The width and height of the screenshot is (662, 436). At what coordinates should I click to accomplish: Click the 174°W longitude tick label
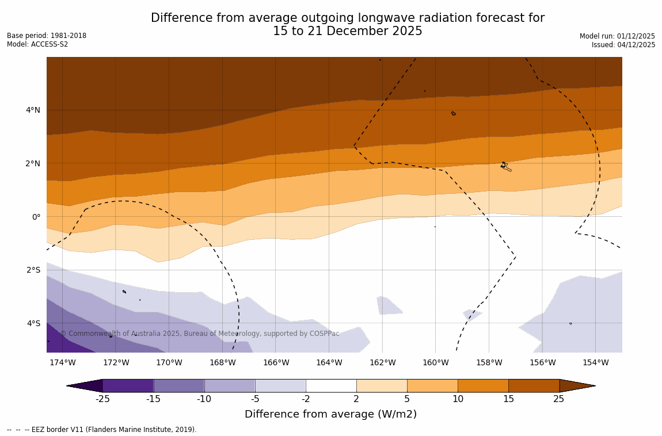(x=62, y=362)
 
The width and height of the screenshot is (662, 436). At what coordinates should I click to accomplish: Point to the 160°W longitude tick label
(x=435, y=362)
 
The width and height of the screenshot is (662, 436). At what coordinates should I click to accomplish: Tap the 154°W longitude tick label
(x=595, y=362)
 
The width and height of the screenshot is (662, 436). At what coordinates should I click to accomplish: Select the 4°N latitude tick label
(x=33, y=110)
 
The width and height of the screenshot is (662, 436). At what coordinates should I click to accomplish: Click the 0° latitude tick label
(x=36, y=217)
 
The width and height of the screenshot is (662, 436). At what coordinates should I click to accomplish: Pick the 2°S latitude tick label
(x=33, y=270)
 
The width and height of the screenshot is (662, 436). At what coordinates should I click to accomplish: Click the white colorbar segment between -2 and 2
(x=331, y=385)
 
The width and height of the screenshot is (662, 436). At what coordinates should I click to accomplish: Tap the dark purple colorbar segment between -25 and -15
(x=128, y=385)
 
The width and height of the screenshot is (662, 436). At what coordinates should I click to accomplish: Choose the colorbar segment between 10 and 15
(x=483, y=385)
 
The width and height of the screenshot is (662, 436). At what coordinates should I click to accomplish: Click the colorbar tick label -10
(x=204, y=399)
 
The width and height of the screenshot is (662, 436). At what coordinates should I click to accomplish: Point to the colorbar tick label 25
(x=559, y=399)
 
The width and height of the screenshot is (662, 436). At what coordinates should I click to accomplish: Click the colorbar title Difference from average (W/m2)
(x=330, y=414)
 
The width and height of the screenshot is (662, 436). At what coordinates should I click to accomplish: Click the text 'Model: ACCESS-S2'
(x=37, y=44)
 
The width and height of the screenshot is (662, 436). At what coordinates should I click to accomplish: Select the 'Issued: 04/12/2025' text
(x=623, y=45)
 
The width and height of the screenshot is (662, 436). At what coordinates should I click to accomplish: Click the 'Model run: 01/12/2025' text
(x=617, y=36)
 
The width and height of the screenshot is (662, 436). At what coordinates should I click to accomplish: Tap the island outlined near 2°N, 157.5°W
(x=505, y=166)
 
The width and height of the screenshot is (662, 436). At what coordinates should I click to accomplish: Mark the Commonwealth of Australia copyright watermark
(x=200, y=334)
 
